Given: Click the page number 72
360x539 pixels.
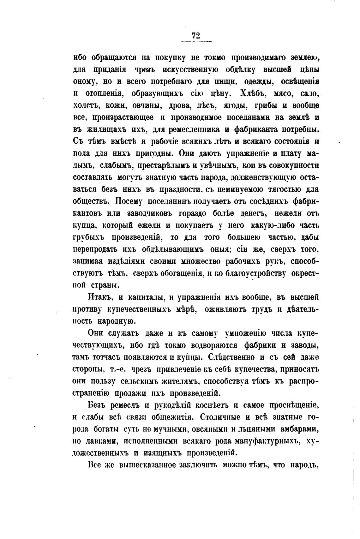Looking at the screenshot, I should click(x=196, y=36).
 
